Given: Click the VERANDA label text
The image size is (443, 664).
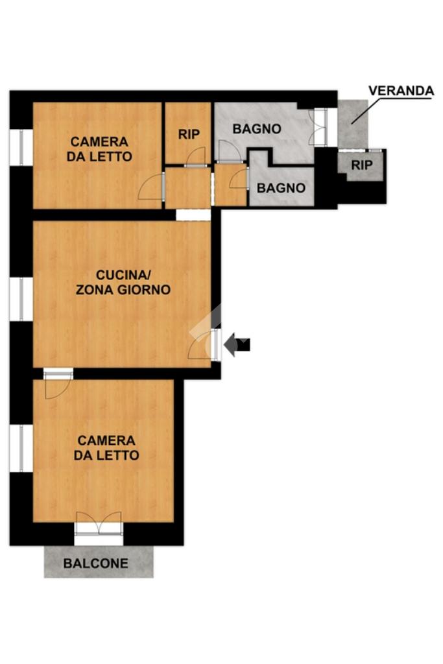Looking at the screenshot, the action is coord(401,91).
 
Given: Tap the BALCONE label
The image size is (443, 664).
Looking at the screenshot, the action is coord(96,563).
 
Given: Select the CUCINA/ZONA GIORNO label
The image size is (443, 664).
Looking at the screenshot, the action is coord(123,282).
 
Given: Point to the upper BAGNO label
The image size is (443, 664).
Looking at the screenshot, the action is coord(257,129).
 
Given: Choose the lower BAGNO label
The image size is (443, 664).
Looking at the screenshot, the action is coord(281,187).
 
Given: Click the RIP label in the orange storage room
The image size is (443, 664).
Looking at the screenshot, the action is coord(189,134).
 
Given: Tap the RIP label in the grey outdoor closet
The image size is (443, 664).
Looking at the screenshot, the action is coord(361,165).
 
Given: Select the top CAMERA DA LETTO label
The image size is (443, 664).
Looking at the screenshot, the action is coord(99,148).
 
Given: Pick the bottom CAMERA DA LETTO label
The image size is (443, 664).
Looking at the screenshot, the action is coord(106,447).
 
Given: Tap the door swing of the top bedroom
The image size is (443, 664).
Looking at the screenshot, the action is coord(151,186).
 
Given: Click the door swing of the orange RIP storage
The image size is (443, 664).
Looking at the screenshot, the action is coord(195,156).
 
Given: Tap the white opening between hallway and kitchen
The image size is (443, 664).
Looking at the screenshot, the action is coord(193,215).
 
